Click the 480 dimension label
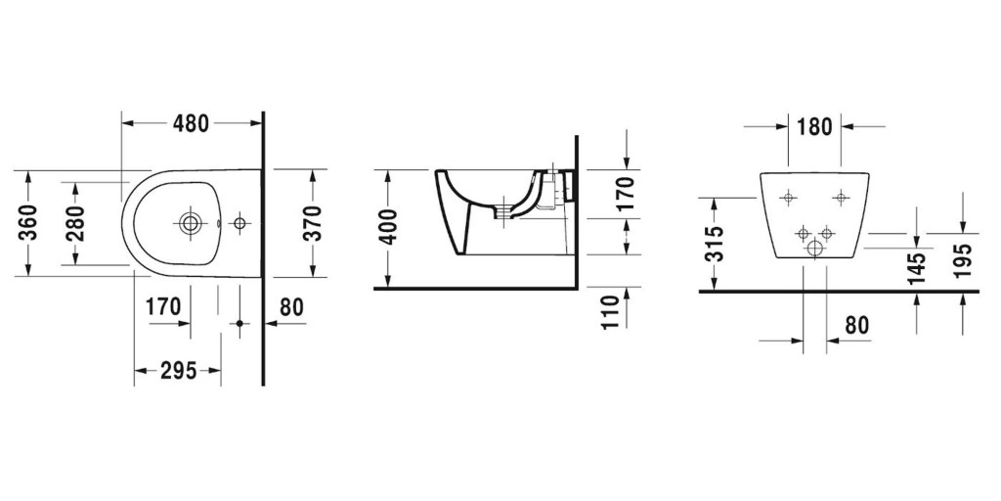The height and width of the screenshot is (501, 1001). tap(192, 124)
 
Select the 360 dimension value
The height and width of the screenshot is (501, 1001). tap(29, 223)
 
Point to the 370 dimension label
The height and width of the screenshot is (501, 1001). tap(312, 223)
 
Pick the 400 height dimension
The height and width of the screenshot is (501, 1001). tap(388, 228)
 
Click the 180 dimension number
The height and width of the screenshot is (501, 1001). tap(814, 126)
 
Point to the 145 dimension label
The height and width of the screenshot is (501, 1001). tap(916, 266)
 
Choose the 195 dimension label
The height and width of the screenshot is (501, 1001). tap(963, 262)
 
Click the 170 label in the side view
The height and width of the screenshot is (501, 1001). tap(627, 194)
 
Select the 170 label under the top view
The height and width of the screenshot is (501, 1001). tap(163, 307)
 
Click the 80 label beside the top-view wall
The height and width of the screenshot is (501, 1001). tap(291, 307)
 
